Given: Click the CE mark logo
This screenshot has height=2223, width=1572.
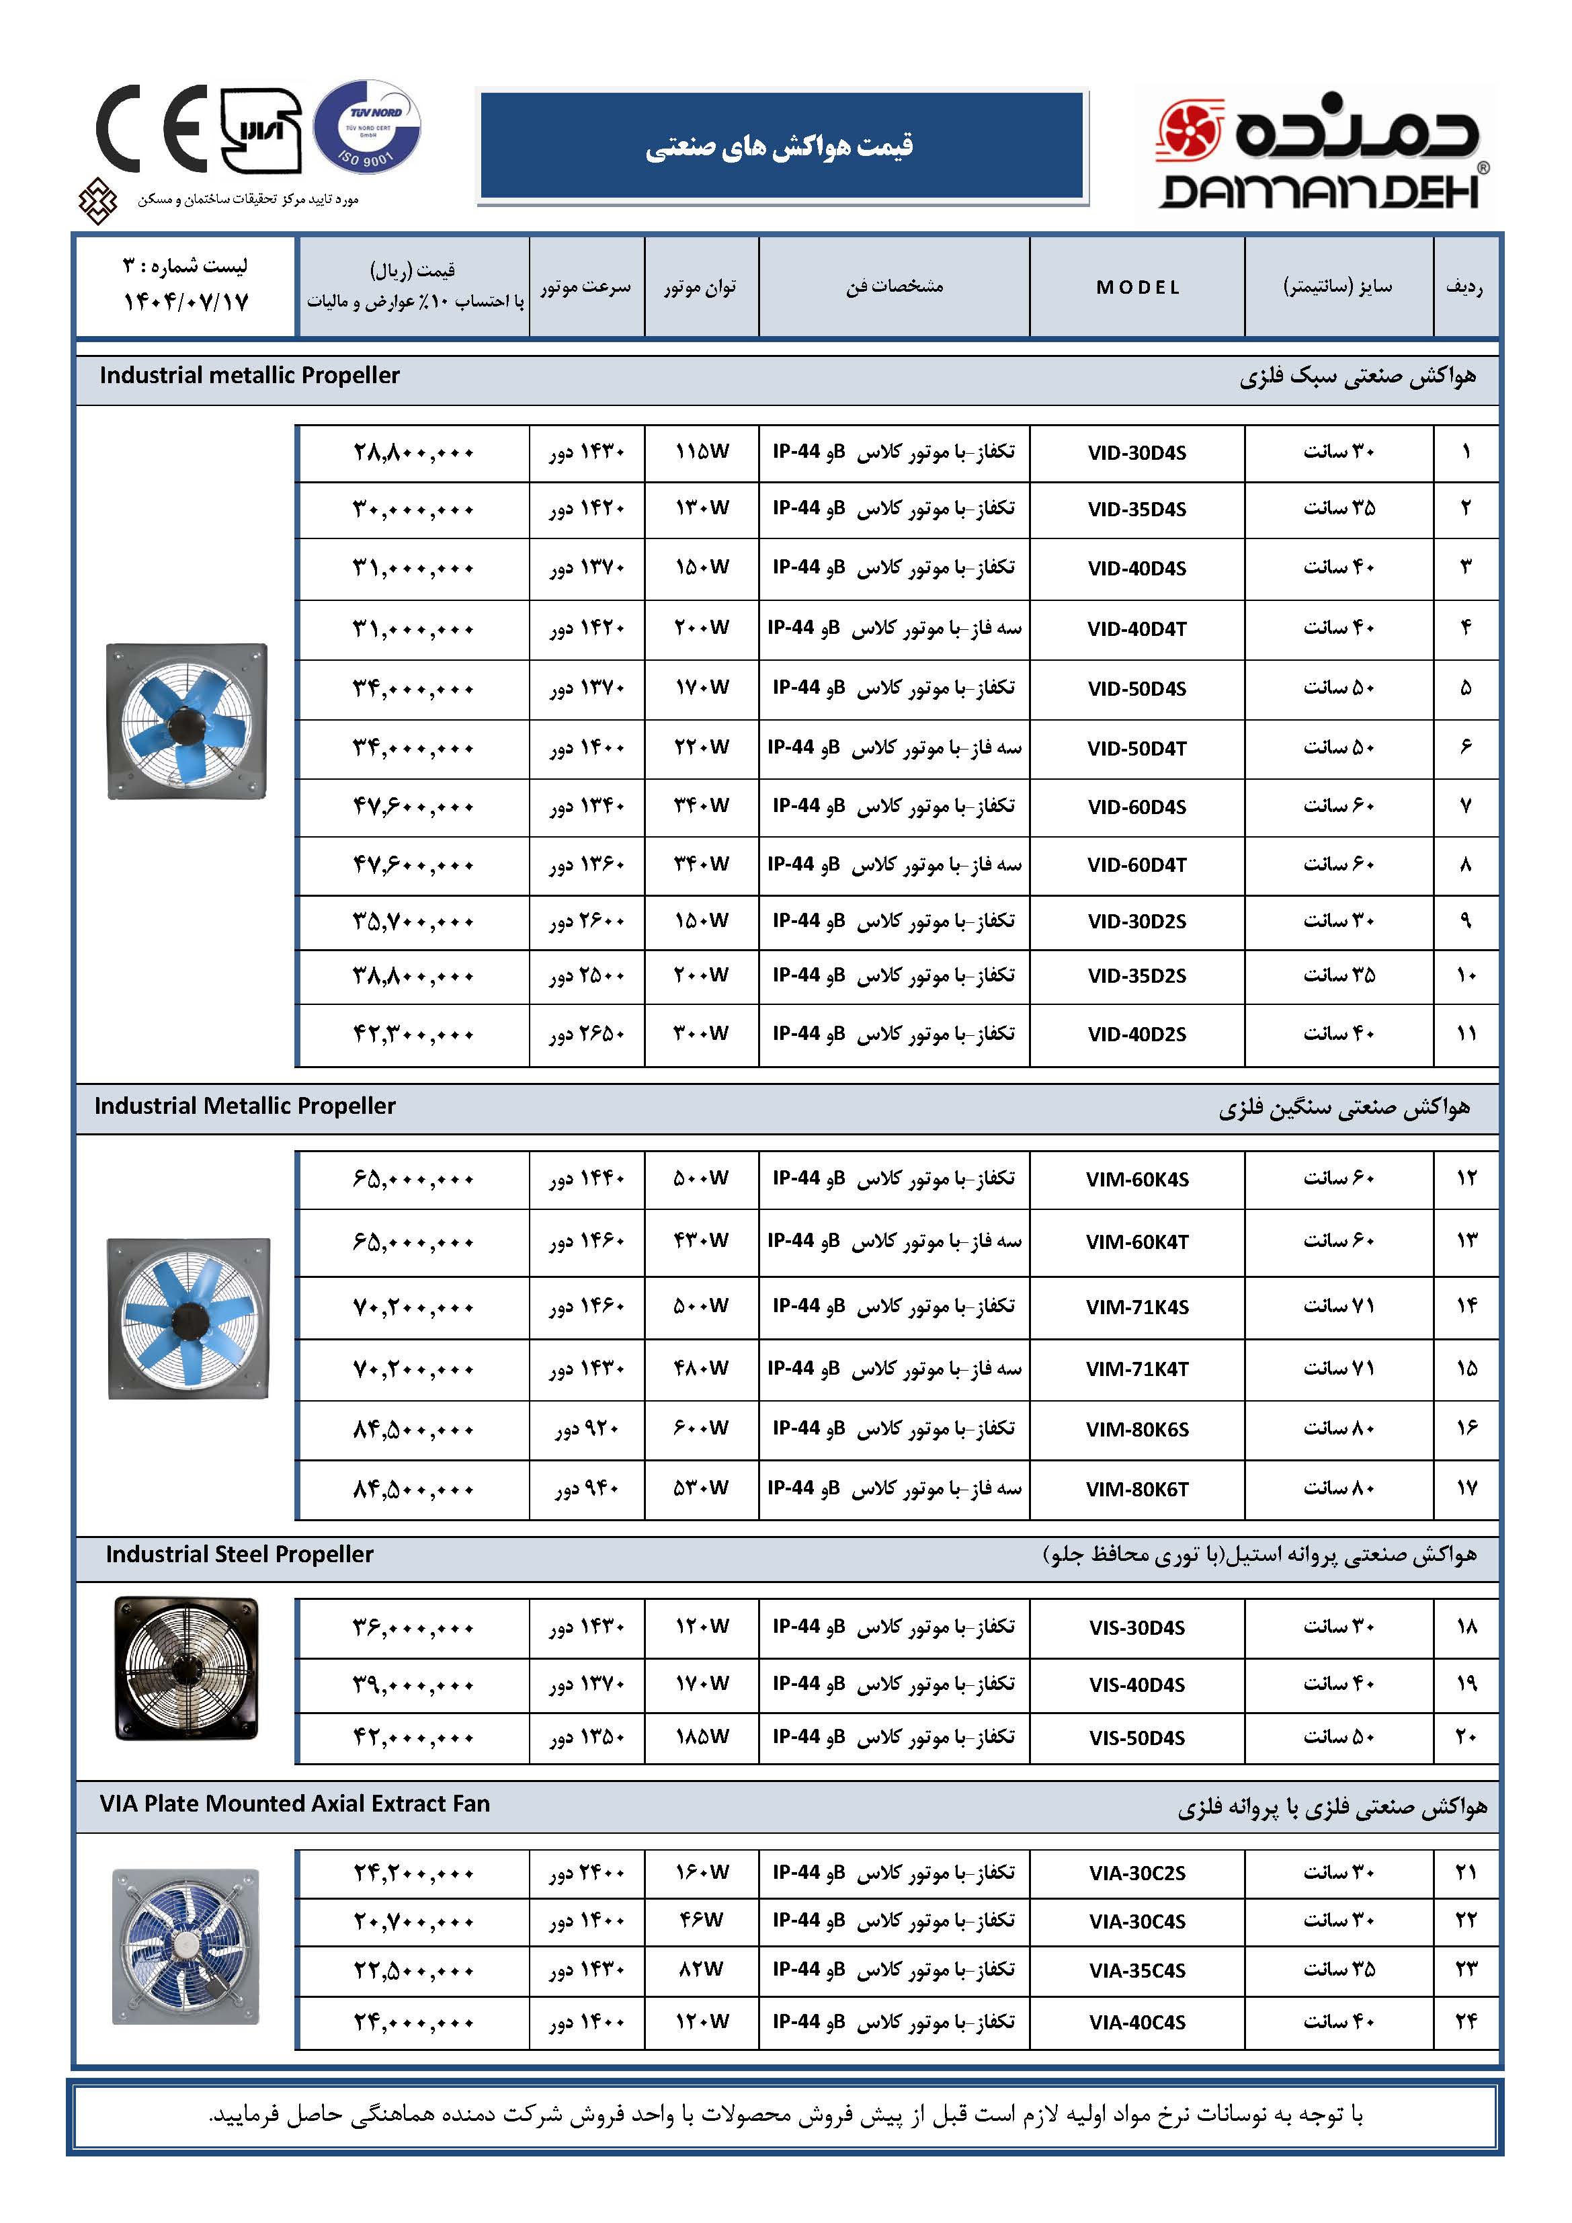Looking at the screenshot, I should tap(151, 129).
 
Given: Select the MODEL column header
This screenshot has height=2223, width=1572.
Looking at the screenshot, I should tap(1137, 288).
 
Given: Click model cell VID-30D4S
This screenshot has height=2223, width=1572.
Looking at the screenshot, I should tap(1136, 453).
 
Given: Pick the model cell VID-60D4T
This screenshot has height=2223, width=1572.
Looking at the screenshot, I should tap(1136, 864).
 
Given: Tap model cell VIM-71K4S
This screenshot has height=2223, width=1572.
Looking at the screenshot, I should tap(1136, 1307).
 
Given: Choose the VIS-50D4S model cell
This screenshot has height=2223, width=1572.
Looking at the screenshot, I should tap(1136, 1738).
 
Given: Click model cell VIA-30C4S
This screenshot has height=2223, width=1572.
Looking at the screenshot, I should tap(1136, 1921).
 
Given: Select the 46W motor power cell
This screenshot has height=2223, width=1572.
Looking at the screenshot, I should tap(702, 1920).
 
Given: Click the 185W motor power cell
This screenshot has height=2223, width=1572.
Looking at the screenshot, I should tap(702, 1737).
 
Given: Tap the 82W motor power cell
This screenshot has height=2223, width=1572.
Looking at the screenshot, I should tap(702, 1970).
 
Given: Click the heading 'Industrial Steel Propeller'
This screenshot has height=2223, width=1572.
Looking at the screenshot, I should tap(239, 1554).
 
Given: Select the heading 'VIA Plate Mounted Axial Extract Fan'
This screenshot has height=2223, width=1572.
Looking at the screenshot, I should tap(294, 1803).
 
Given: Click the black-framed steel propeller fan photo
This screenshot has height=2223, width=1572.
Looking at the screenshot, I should tap(187, 1667).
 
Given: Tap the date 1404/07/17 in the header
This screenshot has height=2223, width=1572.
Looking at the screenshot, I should tap(186, 302).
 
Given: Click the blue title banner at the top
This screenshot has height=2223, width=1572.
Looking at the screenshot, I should tap(781, 145).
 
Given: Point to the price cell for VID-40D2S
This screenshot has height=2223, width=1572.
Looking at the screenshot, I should tap(413, 1034).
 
